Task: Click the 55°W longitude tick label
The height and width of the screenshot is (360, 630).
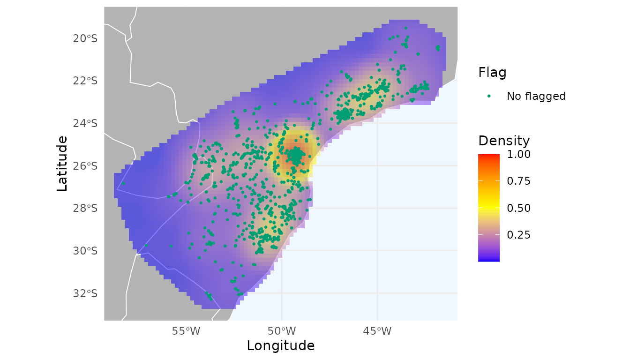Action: coord(186,331)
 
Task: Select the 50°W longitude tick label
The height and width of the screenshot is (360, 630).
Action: coord(281,331)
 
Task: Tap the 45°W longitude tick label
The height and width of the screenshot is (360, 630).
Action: coord(377,331)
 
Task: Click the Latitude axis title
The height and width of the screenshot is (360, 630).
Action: coord(62,164)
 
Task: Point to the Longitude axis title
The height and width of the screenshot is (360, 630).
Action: coord(280,346)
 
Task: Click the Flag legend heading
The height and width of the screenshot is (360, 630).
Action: coord(492,73)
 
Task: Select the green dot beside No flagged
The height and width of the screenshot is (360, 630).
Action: coord(489,96)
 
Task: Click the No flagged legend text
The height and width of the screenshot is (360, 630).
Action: coord(536,96)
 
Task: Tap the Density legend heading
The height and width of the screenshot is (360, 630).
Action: coord(504,141)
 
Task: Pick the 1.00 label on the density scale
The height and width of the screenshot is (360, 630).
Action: coord(518,154)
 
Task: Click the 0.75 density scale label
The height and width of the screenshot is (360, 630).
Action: coord(518,181)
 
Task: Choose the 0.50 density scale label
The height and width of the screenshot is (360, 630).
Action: coord(518,208)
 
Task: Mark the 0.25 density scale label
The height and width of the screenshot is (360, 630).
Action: coord(518,234)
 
